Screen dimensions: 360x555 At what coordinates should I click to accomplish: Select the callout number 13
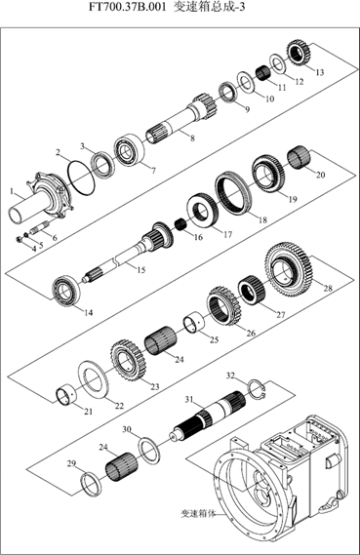[x=319, y=72]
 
